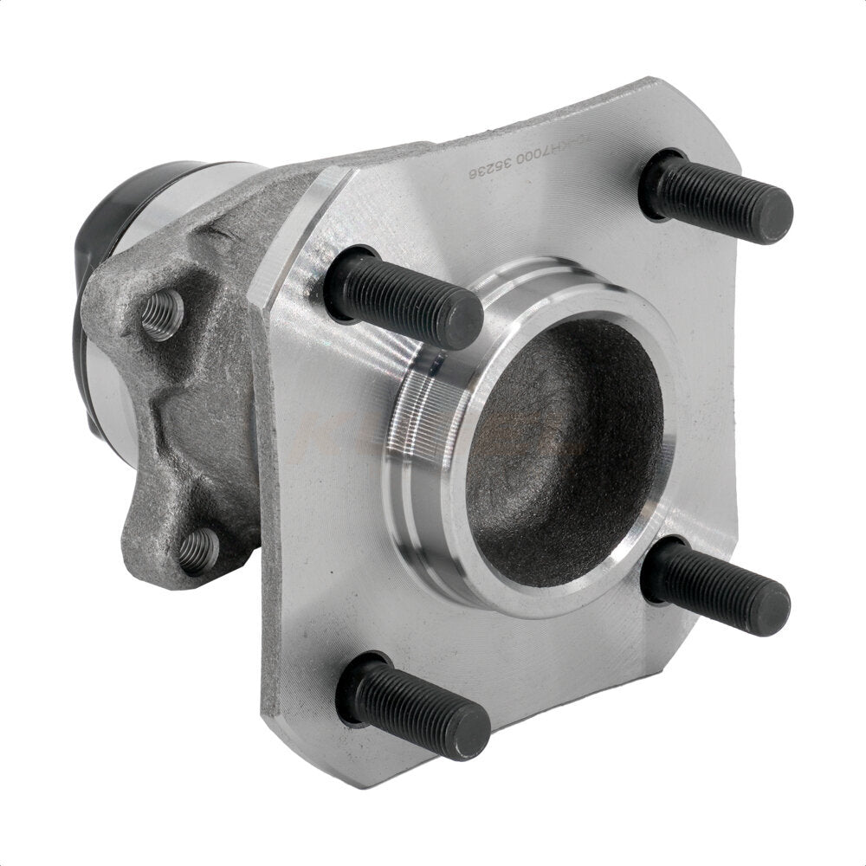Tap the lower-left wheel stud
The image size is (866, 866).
416,701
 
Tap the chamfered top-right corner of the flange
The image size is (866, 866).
693,104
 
